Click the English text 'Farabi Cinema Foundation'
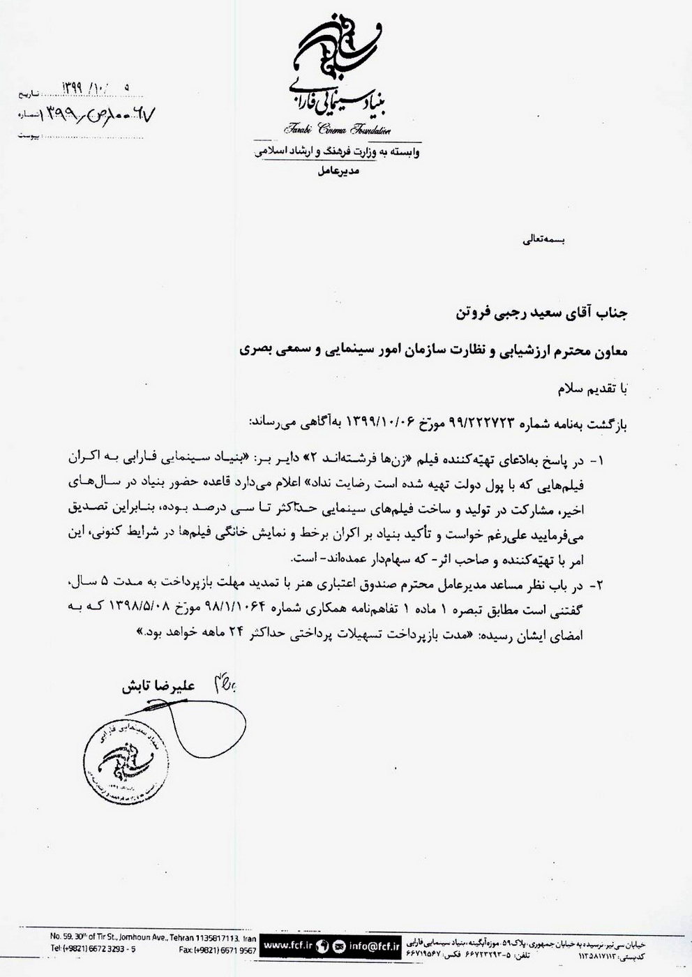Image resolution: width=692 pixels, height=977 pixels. [337, 130]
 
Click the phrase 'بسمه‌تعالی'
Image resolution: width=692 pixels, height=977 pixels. [542, 240]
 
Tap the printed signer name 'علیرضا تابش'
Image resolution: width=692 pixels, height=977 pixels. [162, 687]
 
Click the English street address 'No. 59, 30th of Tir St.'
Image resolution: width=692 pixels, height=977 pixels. [98, 937]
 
